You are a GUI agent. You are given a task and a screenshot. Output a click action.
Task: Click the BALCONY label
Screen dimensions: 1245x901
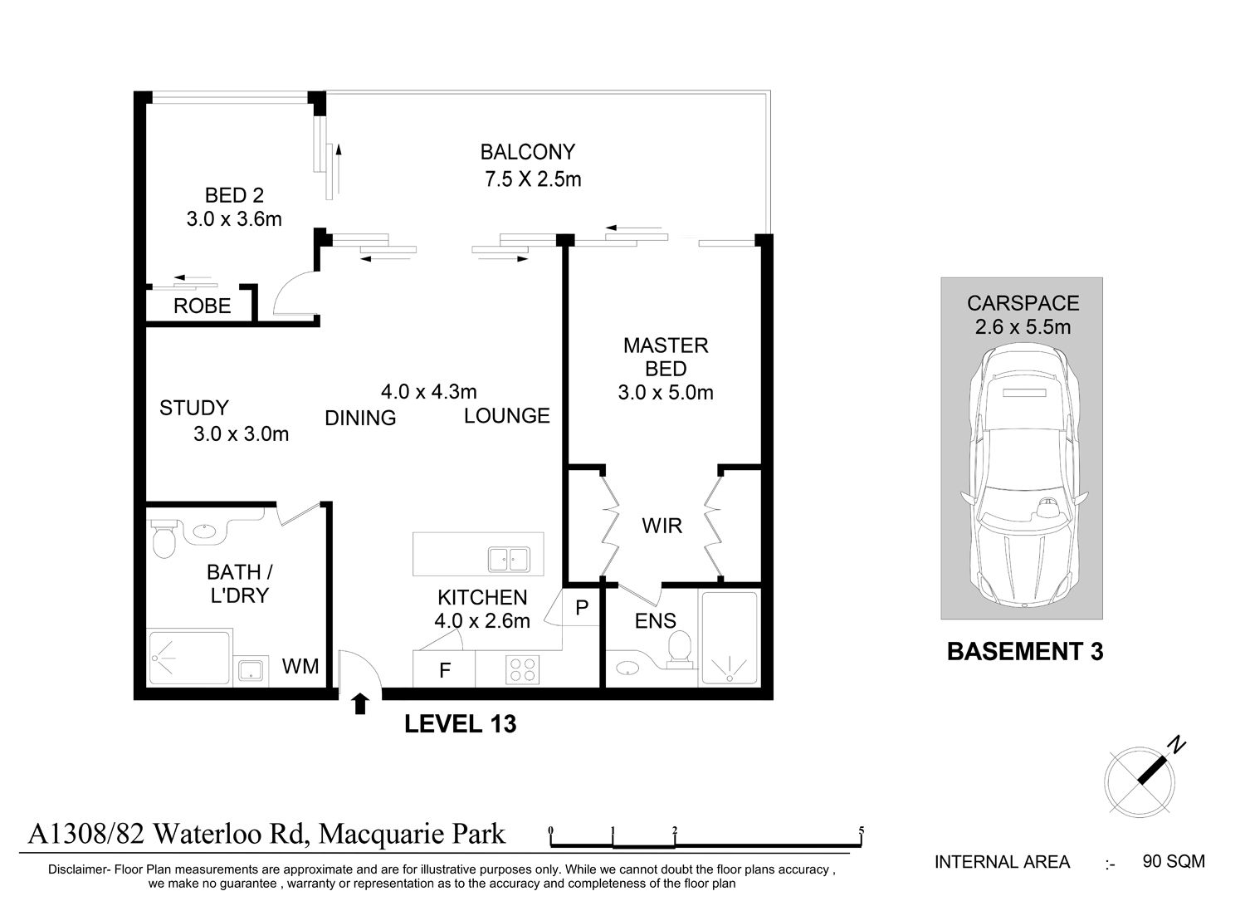coord(527,152)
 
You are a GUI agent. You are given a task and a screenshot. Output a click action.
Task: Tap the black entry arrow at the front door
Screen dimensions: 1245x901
coord(360,703)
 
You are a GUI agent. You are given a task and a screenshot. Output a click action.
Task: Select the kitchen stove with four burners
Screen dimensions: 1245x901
coord(522,670)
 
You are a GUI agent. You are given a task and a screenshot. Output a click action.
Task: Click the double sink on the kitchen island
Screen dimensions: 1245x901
coord(509,560)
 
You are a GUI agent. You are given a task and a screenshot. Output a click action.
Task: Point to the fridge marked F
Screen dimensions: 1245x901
coord(444,669)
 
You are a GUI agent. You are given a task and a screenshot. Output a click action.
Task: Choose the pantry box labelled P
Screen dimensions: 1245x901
coord(581,607)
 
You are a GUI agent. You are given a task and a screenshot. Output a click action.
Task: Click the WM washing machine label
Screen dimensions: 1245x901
coord(300,666)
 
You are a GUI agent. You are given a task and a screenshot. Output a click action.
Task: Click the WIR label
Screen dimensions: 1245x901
coord(662,526)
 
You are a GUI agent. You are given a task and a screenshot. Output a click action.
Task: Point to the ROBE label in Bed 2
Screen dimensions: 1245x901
coord(202,306)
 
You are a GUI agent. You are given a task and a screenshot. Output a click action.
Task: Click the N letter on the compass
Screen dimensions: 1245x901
coord(1176,745)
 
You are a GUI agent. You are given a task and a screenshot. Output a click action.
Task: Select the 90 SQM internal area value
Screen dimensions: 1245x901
coord(1174,861)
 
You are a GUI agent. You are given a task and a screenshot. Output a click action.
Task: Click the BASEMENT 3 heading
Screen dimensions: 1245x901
coord(1025,652)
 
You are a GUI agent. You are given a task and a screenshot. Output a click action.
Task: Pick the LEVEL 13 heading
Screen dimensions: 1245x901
coord(460,724)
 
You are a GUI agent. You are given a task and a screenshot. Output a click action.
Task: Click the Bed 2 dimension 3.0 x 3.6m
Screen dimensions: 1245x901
coord(234,219)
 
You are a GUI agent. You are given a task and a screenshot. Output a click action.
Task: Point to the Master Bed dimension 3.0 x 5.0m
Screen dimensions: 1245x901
coord(666,393)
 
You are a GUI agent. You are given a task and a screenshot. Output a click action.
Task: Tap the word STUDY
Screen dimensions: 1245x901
coord(194,409)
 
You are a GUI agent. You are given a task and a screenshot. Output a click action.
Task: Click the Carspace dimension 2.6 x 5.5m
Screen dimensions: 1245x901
coord(1023,327)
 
